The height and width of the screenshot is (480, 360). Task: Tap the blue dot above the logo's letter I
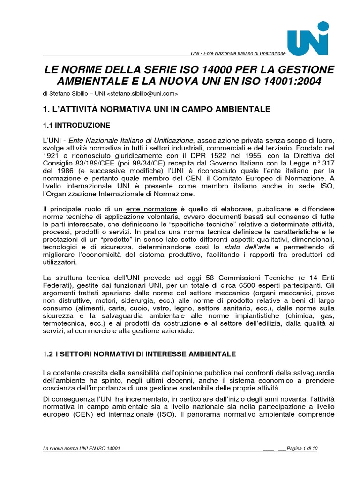323,26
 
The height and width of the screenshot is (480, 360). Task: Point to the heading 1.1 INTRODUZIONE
76,125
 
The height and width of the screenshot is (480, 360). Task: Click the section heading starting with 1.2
139,353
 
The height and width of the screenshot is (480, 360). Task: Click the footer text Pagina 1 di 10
301,449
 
